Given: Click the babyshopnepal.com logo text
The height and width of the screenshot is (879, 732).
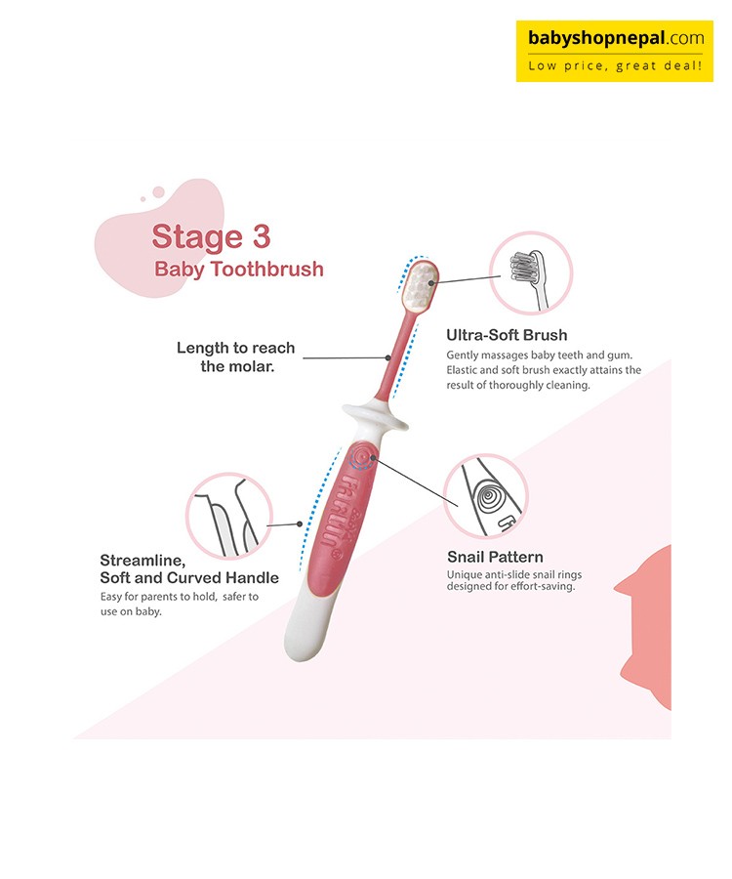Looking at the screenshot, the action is coord(616,39).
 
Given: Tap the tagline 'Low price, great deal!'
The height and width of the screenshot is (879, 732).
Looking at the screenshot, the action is coord(615,66).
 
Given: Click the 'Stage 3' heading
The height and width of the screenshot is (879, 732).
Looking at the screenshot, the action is coord(211,237).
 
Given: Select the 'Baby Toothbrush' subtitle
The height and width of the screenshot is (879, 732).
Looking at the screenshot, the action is coord(239,270).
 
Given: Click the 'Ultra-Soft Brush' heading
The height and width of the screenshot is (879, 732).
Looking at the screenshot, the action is coord(507,335).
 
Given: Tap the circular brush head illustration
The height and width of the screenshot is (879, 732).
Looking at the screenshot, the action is coord(530,273).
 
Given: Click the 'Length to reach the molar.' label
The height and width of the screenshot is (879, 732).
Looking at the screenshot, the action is coord(236,357).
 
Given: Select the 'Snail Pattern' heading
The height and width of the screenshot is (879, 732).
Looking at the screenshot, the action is coord(495,558).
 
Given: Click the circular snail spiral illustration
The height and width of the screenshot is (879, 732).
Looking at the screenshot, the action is coord(486,496).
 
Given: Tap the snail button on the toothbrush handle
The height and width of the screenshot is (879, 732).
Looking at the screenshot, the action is coord(361,456).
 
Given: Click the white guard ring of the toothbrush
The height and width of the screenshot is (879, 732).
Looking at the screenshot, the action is coord(375,415).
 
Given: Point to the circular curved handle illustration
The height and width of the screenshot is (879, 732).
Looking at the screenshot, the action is coord(229,517).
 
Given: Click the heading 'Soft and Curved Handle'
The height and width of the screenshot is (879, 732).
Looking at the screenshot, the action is coord(189,578).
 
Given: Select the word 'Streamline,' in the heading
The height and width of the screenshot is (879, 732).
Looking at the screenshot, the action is coord(142,561).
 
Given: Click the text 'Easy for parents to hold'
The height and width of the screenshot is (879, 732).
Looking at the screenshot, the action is coord(158,597).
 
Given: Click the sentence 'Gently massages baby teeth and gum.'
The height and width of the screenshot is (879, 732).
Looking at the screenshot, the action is coord(540,355).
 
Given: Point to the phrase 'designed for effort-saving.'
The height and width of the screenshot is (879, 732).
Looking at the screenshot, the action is coord(510,587).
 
